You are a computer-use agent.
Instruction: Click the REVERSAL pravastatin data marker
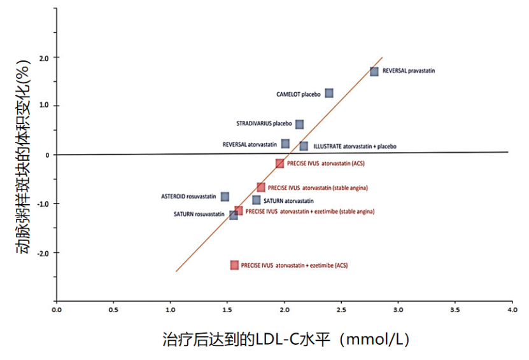tap(374, 71)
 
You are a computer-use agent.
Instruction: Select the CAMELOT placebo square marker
tap(329, 93)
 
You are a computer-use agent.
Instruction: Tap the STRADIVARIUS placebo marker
tap(299, 124)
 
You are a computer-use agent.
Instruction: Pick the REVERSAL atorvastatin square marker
tap(285, 144)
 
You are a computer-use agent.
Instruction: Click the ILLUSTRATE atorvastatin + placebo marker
tap(304, 146)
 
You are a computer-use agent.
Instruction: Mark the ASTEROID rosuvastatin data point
tap(225, 197)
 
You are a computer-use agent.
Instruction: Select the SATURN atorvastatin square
tap(257, 200)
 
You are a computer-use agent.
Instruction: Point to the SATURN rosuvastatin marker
tap(234, 215)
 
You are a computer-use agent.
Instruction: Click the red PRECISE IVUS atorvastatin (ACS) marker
tap(279, 163)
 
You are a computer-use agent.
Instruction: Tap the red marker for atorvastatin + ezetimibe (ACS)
tap(235, 265)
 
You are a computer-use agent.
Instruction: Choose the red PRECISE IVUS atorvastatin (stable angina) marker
tap(261, 187)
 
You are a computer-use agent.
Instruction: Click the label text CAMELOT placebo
tap(299, 94)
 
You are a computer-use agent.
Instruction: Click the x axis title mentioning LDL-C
tap(286, 340)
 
